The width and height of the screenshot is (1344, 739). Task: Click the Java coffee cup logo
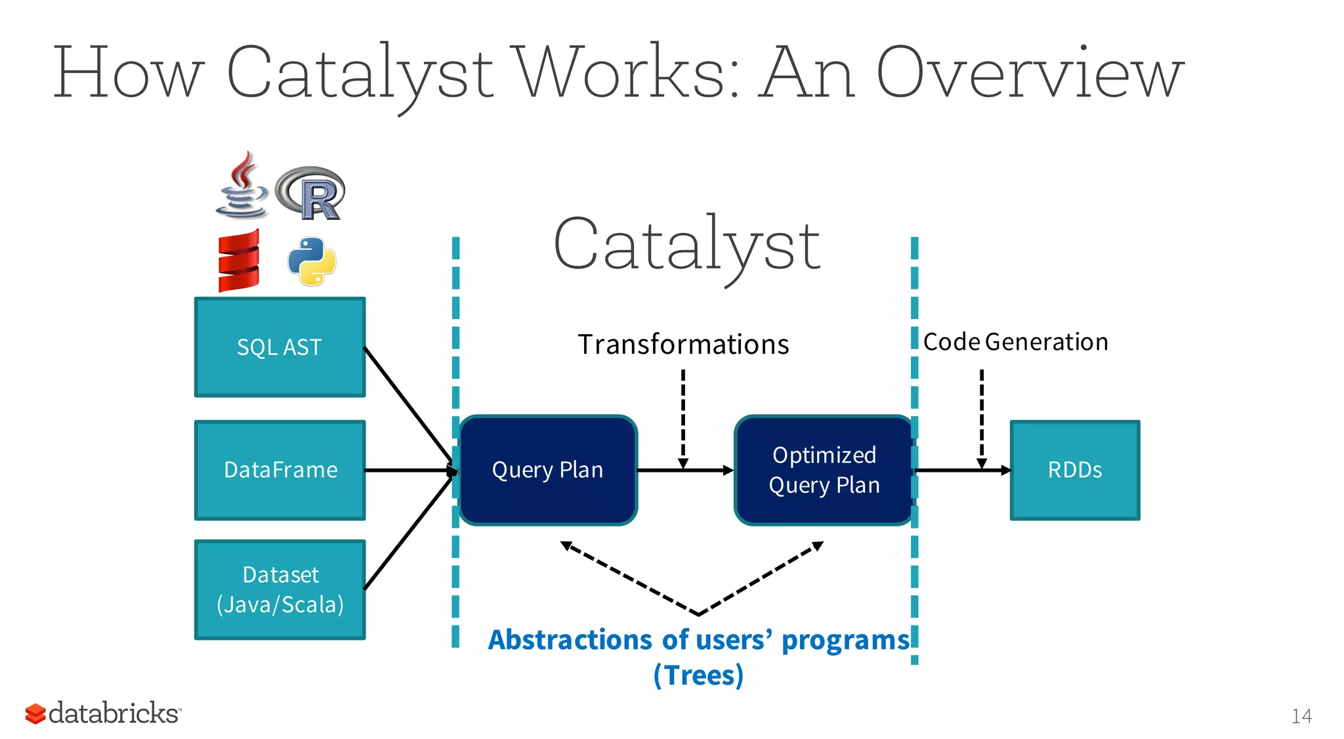tap(241, 186)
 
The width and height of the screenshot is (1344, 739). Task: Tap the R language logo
tap(311, 193)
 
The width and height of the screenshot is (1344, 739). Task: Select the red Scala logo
tap(239, 261)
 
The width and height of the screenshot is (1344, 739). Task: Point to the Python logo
tap(312, 261)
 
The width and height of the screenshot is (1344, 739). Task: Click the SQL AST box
tap(280, 347)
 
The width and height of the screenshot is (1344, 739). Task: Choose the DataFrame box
tap(280, 470)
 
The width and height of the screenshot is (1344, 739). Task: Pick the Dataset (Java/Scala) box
tap(280, 589)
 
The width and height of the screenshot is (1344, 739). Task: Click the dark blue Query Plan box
tap(548, 470)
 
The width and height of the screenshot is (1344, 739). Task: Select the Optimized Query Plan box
tap(824, 470)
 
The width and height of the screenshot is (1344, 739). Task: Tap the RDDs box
tap(1074, 470)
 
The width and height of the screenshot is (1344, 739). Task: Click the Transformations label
tap(683, 345)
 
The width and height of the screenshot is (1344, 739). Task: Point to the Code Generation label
tap(1015, 342)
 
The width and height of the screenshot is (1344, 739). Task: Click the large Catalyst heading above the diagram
tap(686, 245)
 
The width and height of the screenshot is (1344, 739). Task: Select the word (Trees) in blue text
tap(698, 675)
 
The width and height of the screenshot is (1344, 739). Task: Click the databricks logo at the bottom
tap(103, 713)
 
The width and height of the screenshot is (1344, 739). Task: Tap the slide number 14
tap(1301, 716)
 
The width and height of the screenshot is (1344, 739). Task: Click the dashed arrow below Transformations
tap(683, 417)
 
